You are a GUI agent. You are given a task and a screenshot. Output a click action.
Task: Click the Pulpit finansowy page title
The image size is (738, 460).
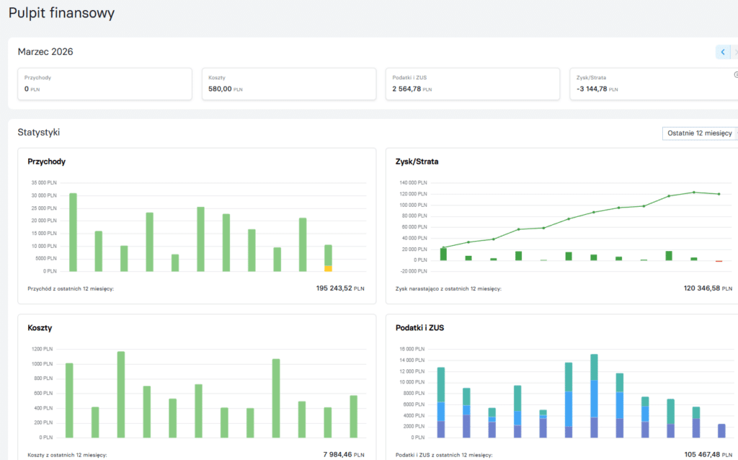(61, 13)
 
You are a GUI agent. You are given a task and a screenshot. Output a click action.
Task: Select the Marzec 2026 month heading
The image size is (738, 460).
(45, 52)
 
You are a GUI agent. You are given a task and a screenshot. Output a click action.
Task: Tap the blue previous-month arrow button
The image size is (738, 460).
(722, 52)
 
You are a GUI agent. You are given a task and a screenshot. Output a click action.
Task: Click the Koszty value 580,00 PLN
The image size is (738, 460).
(225, 89)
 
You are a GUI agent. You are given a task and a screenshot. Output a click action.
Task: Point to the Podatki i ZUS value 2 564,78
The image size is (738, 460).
(406, 89)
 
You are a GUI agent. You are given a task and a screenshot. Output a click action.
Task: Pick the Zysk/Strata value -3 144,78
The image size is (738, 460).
(592, 89)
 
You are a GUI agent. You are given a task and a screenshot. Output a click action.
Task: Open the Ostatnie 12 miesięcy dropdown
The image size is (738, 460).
(699, 133)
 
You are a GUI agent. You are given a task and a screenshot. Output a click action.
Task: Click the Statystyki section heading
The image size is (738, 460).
(39, 132)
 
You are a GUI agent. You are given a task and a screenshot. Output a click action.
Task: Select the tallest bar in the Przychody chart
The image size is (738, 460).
(73, 232)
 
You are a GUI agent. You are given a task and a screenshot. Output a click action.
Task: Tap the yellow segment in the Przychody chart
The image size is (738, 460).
(328, 268)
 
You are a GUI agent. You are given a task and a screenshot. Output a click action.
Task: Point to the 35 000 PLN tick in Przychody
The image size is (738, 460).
(44, 182)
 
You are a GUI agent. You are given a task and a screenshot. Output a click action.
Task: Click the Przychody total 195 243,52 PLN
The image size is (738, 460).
(340, 288)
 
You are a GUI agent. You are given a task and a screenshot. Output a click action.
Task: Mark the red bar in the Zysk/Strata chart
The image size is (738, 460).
(719, 261)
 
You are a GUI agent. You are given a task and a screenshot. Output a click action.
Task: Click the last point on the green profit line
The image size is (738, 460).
(719, 194)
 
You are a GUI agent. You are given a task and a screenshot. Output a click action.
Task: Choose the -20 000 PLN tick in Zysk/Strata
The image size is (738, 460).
(413, 271)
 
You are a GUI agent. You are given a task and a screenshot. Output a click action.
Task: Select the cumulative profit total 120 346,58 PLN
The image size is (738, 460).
(708, 288)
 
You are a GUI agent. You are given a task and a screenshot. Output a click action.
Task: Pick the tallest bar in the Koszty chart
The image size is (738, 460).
(121, 394)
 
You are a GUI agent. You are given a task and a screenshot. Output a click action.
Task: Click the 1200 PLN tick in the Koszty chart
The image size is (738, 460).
(42, 349)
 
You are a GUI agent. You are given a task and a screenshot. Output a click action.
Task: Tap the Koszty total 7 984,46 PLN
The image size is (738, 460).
(344, 454)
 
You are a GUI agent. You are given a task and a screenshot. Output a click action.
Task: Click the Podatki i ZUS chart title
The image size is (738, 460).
(420, 328)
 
